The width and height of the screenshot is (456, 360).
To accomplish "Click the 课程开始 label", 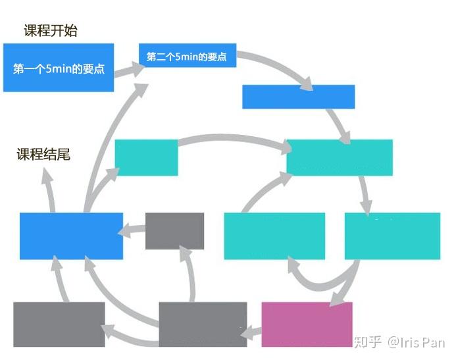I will coord(51,30).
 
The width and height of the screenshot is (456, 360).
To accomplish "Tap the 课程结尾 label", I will coord(43,155).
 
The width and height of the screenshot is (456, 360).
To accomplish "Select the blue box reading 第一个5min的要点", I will coord(59,68).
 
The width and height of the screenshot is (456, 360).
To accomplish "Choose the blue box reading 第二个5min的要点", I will coord(187,57).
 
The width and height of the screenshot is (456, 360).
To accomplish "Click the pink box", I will coord(307,324).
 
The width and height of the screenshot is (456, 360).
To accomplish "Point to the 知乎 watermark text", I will coord(368,342).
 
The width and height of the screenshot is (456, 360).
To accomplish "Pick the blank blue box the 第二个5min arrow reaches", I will coord(298,97).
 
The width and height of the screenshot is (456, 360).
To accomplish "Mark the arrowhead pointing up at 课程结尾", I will coord(48,174).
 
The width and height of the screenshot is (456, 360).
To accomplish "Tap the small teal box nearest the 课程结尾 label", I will coord(146,157).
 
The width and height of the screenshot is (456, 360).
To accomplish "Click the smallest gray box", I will coord(174,230).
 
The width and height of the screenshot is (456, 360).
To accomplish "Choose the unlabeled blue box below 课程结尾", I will coord(71,236).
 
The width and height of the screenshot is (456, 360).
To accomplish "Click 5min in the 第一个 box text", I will coord(59,68).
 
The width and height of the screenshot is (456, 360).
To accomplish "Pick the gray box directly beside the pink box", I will coord(203,322).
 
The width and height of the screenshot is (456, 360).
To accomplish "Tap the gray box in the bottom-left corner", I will coord(59,324).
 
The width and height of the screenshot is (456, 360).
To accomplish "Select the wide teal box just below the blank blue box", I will coord(339,157).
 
